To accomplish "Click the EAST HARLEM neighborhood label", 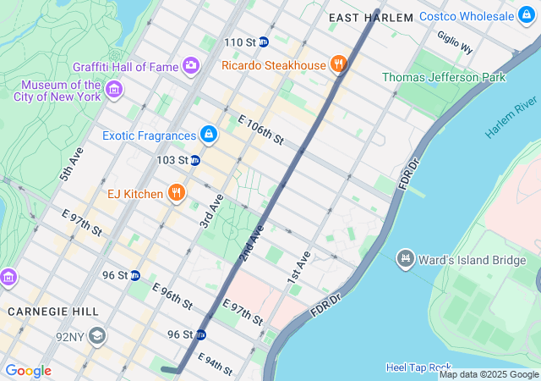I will [x=371, y=18].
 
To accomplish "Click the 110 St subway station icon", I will [x=264, y=41].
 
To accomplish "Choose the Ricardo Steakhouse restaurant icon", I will [x=339, y=65].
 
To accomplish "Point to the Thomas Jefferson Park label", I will [x=444, y=78].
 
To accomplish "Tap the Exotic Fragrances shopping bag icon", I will [x=208, y=135].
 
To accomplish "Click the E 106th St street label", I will [x=260, y=128].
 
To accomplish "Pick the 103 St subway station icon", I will [x=195, y=160].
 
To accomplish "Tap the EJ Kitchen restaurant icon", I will [x=176, y=194].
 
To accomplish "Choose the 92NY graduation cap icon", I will [x=97, y=336].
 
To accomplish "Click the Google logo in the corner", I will [x=28, y=371].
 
